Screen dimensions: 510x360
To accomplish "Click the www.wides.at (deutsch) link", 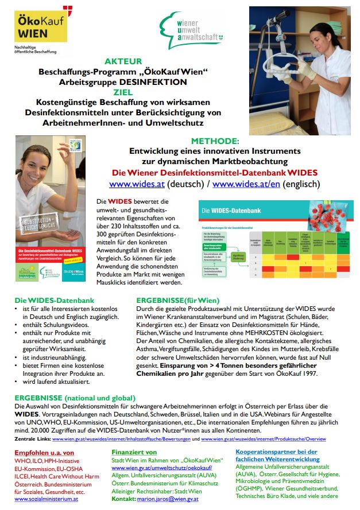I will [x=135, y=185].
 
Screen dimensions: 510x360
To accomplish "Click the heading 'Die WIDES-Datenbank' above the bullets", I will [x=45, y=299].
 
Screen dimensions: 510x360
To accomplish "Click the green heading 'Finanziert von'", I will [x=134, y=452].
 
